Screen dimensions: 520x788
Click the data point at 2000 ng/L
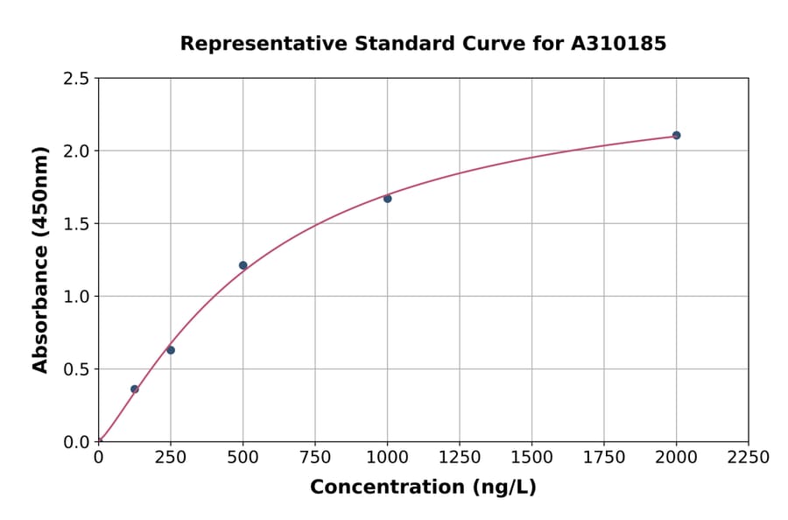click(676, 135)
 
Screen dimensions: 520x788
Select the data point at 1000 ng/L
click(387, 199)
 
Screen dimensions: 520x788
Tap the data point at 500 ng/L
click(243, 265)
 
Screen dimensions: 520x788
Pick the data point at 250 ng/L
click(171, 350)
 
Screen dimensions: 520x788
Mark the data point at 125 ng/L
click(134, 389)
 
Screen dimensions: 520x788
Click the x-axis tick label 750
click(315, 458)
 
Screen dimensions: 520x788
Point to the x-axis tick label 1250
click(460, 458)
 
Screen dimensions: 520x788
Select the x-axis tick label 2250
click(748, 458)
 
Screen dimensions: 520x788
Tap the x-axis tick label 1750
click(604, 458)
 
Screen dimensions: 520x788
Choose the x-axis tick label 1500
click(531, 458)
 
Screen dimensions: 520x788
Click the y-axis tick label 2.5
click(76, 79)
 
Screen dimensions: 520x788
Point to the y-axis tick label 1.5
click(76, 224)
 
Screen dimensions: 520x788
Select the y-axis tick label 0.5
click(76, 369)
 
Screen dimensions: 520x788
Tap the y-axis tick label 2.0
click(76, 151)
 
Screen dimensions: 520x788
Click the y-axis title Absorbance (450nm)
click(40, 259)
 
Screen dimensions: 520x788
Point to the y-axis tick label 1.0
click(76, 297)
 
